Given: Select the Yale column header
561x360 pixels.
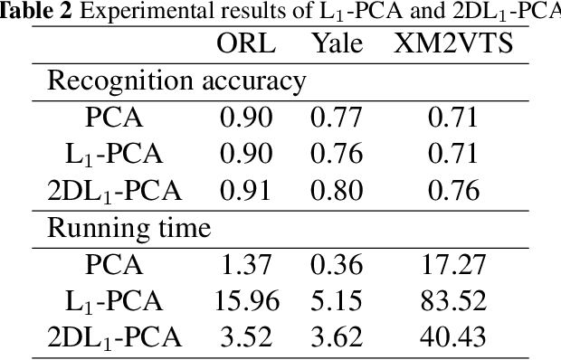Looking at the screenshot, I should click(337, 43).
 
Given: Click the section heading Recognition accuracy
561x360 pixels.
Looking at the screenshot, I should click(176, 81).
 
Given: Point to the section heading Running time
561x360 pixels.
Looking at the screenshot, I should click(128, 228).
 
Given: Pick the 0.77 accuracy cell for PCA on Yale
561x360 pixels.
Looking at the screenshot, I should click(337, 118).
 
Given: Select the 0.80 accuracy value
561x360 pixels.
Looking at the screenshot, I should click(337, 191).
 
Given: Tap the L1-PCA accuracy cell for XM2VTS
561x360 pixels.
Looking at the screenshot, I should click(452, 154).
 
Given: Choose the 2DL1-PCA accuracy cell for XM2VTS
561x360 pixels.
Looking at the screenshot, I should click(452, 191).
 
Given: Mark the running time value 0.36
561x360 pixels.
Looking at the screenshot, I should click(337, 265).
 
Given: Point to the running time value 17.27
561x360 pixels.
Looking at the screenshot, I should click(452, 265).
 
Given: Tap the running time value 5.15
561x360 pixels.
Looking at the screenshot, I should click(337, 301).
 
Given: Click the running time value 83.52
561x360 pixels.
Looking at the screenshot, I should click(452, 301).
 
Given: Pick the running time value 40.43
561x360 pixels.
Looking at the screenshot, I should click(452, 338).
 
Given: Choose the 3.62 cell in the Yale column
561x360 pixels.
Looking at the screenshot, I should click(337, 338).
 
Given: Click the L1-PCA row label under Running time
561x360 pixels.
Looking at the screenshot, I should click(114, 302).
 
